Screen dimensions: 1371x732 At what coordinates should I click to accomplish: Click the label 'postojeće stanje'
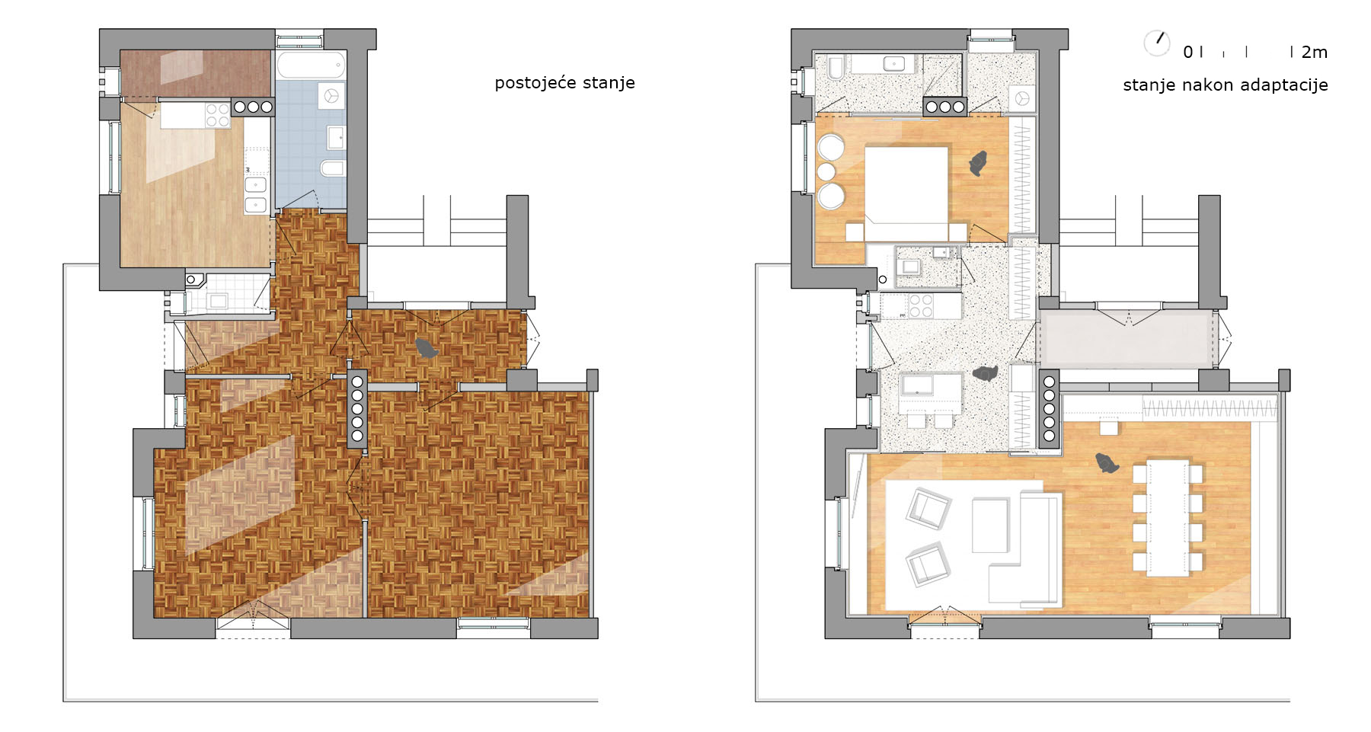(564, 83)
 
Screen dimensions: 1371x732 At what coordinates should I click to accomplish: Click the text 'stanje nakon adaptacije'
(1225, 85)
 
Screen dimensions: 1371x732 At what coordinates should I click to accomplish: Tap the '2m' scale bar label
(1315, 53)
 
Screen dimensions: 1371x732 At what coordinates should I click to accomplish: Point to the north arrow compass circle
(1157, 43)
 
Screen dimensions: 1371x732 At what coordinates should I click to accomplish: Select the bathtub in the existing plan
(311, 65)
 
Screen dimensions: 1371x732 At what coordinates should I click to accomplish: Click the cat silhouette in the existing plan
(427, 348)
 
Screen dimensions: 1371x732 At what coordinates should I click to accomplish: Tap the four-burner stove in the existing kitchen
(218, 116)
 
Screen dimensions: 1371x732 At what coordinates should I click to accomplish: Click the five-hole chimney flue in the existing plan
(357, 408)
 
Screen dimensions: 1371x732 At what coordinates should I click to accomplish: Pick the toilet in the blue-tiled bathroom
(333, 168)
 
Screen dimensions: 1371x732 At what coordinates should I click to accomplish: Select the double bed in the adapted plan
(906, 193)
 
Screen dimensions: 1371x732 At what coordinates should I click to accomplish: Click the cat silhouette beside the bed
(978, 163)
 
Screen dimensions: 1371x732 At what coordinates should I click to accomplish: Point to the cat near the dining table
(1107, 462)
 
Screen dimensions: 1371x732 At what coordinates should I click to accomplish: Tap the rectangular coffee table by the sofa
(990, 525)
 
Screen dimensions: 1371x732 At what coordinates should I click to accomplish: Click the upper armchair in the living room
(928, 508)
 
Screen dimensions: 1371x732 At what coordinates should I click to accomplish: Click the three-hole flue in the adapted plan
(945, 107)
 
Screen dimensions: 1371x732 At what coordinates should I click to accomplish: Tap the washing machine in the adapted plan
(1022, 99)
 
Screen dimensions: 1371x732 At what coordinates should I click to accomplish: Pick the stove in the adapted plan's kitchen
(921, 305)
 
